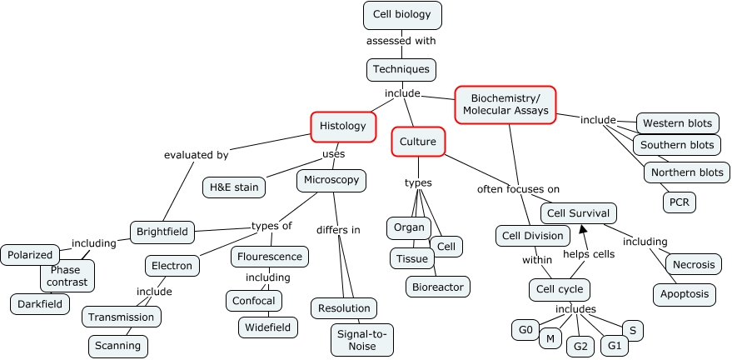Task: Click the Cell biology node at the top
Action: [x=402, y=15]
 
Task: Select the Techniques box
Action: [x=401, y=69]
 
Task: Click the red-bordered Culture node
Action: [x=418, y=142]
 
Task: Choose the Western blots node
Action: [x=678, y=123]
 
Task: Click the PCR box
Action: [x=679, y=202]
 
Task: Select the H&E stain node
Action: [x=235, y=187]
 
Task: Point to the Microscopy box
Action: [x=331, y=180]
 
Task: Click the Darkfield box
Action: [x=41, y=304]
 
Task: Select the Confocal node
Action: [x=254, y=300]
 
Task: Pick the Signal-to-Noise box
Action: [x=362, y=339]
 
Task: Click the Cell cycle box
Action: [x=560, y=290]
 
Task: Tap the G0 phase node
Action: [x=525, y=330]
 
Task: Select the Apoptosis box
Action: [x=685, y=294]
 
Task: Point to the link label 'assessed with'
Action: [x=401, y=40]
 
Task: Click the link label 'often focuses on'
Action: [x=518, y=189]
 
